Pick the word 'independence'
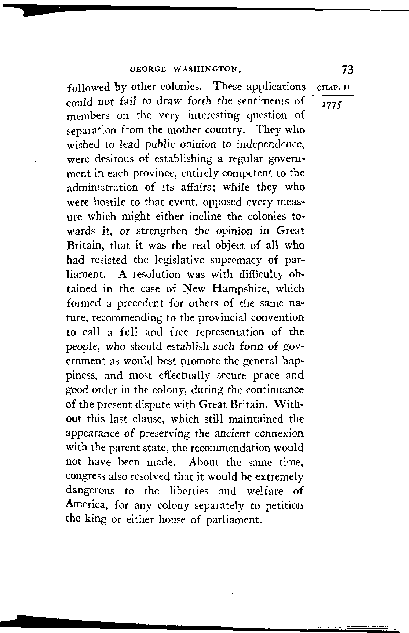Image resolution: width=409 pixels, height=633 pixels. pos(270,144)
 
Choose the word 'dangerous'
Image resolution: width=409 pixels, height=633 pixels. pos(90,491)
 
